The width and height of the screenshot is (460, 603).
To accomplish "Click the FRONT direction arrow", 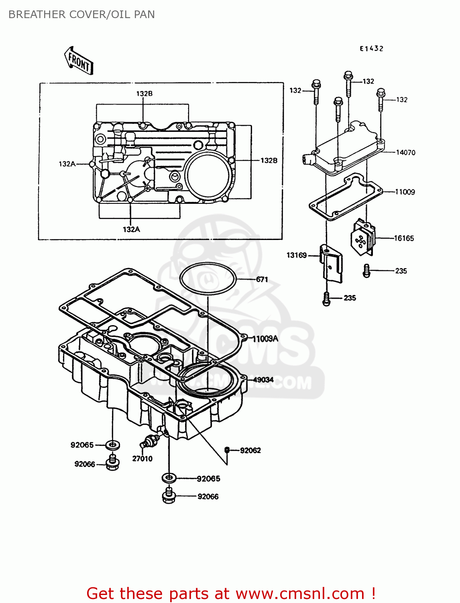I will pos(79,61).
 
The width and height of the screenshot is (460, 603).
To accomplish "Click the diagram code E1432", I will pos(371,49).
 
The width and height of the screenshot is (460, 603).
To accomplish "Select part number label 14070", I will pos(405,152).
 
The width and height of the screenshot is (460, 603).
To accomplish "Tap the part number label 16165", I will pos(404,238).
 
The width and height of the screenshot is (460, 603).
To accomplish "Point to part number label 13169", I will pos(297,255).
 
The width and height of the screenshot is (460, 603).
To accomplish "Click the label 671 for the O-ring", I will pos(262,279).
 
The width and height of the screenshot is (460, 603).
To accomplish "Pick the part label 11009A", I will pos(265,339).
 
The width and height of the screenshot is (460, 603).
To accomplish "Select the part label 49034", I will pos(263,379).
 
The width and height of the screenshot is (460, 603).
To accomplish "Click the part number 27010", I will pos(142,459).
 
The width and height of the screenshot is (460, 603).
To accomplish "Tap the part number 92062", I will pos(250,450).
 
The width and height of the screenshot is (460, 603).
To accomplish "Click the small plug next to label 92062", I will pos(227,450).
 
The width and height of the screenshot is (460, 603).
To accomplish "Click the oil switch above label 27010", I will pos(151,441).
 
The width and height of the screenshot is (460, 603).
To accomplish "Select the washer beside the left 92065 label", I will pos(113,445).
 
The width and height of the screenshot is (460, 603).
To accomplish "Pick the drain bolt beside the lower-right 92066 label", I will pos(169,496).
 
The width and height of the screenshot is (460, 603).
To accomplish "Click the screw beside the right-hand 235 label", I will pos(366,271).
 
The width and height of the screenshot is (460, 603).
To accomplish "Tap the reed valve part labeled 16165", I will pos(363,237).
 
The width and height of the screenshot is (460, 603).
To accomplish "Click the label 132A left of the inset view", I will pos(67,164).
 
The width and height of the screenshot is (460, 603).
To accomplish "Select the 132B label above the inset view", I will pos(145,94).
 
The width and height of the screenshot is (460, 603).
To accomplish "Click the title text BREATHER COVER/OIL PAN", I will pos(81,14).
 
